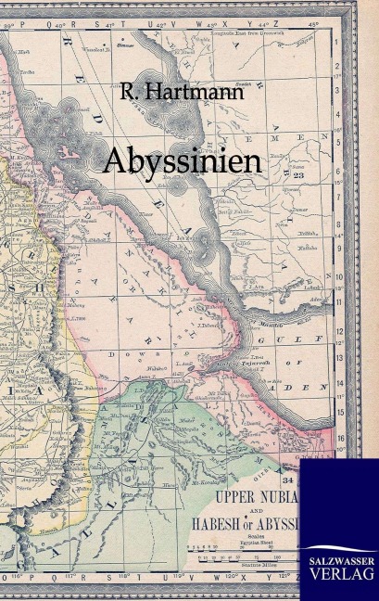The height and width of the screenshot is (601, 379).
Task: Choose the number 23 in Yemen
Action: click(x=299, y=174)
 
